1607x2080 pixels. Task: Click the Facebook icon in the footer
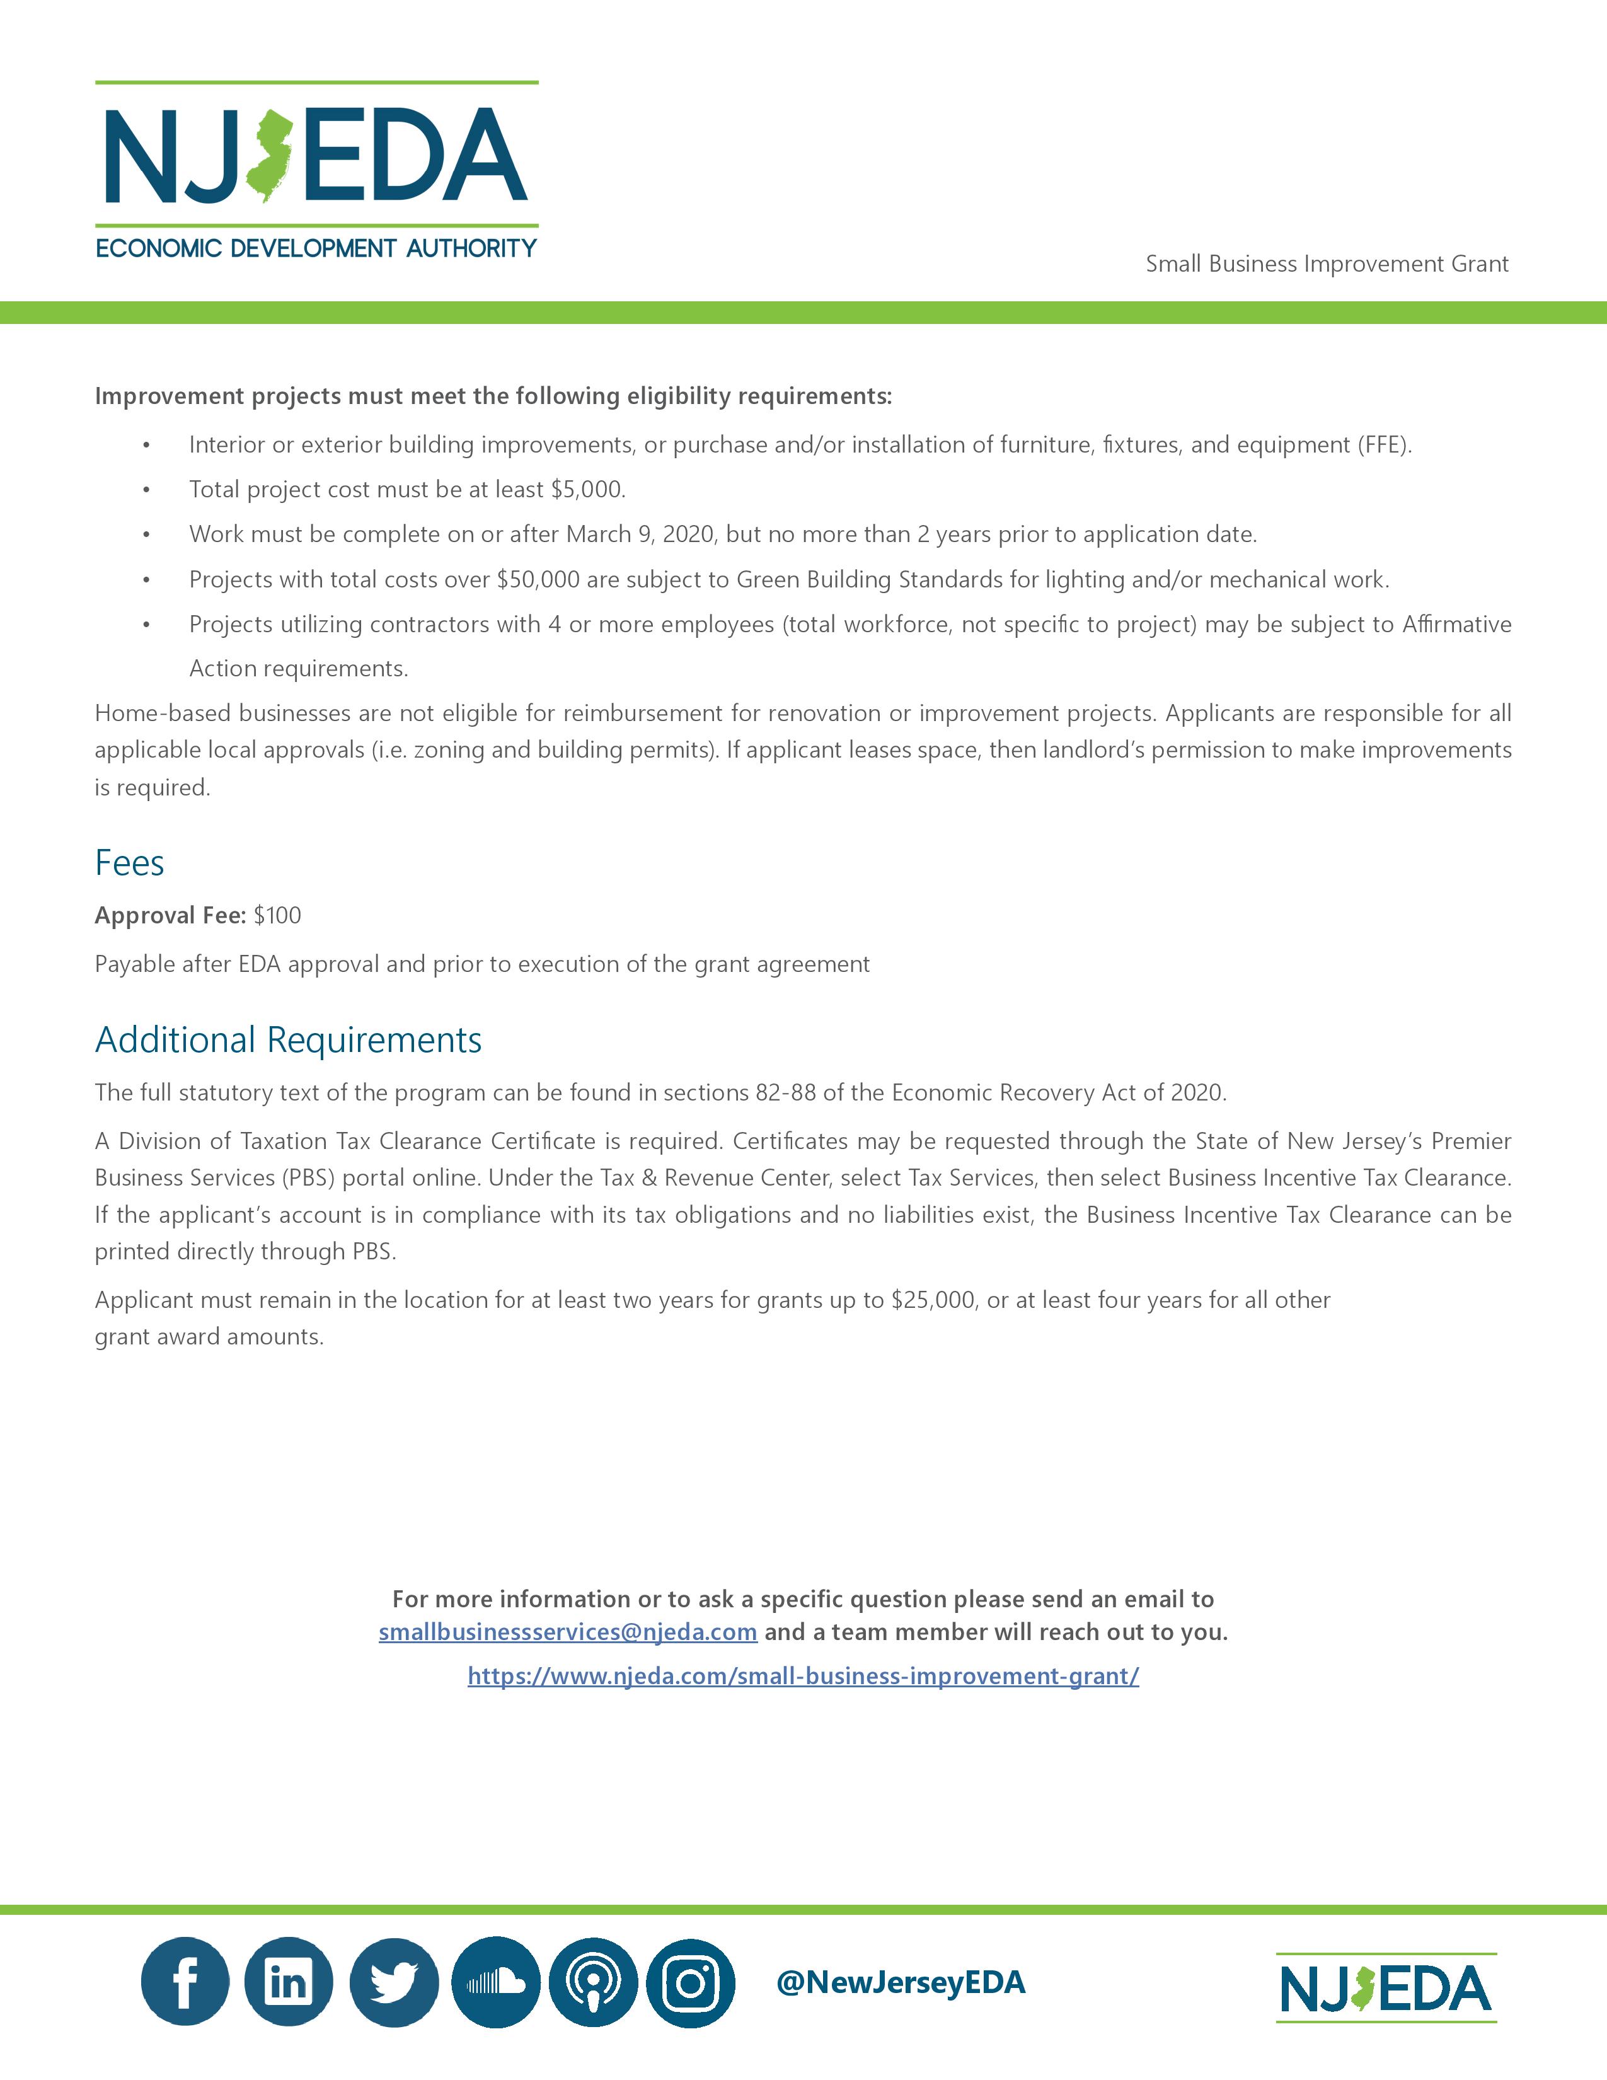pos(185,1982)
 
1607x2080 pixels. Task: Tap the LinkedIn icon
pos(289,1982)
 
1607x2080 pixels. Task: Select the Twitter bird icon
pos(393,1982)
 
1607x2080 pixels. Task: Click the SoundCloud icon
pos(495,1982)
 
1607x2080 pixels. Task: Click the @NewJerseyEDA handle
pos(901,1982)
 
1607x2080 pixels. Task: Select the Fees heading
pos(129,863)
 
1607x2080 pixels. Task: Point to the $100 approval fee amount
pos(277,915)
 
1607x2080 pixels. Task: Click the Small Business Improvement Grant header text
pos(1326,264)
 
